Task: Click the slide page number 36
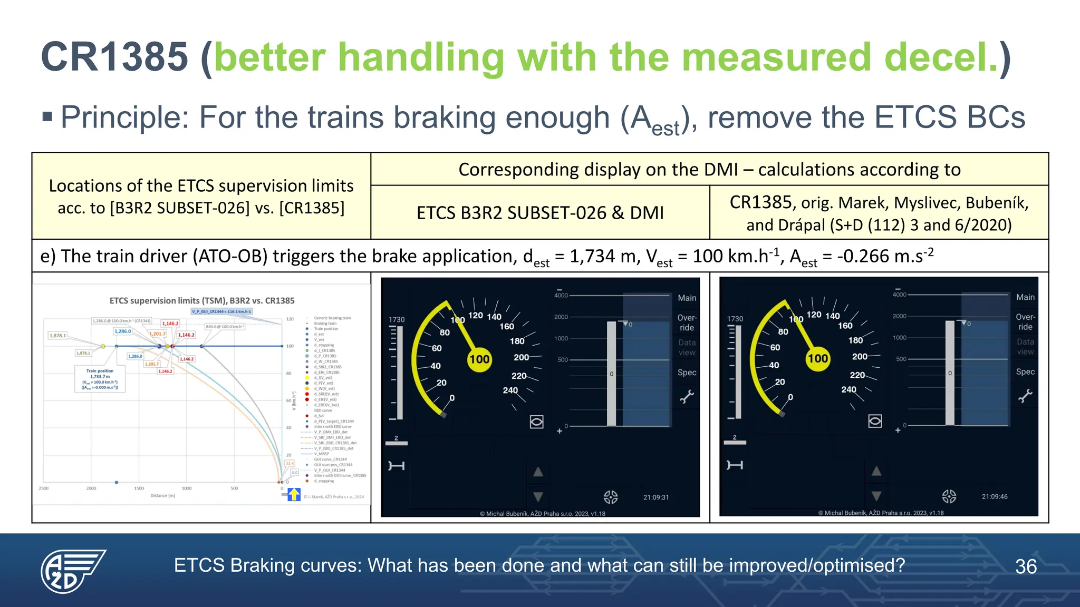1026,566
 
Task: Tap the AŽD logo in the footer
73,571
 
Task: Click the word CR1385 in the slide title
114,57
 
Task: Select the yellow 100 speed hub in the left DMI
479,359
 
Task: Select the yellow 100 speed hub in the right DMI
818,359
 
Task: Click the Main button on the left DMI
687,298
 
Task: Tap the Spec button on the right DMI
1025,371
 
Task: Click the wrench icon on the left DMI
687,396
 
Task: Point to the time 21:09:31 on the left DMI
656,497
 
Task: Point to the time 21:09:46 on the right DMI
995,496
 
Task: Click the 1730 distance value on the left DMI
397,319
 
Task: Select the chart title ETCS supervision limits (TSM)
202,300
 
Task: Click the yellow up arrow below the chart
294,494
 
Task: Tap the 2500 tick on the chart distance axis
44,488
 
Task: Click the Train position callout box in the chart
100,379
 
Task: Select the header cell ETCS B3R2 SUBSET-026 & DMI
540,213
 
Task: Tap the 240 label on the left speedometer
510,390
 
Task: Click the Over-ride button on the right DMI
1025,321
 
